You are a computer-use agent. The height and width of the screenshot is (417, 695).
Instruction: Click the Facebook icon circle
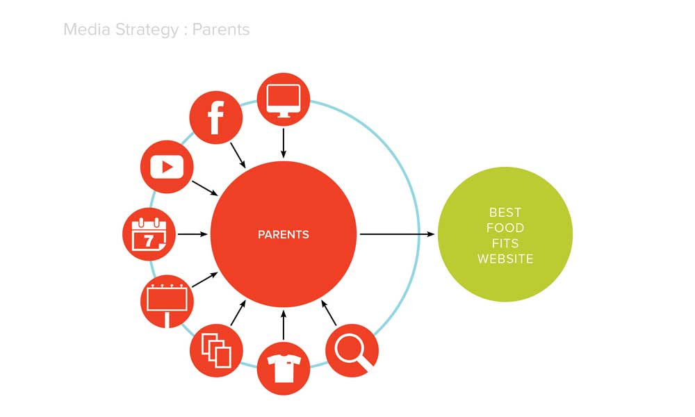click(216, 117)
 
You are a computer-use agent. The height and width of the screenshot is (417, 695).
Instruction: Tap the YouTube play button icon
click(167, 167)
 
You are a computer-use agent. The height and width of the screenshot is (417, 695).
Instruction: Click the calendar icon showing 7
click(149, 234)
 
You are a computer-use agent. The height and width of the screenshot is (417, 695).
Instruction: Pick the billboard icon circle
click(167, 302)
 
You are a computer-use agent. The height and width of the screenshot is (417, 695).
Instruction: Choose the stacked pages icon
click(216, 350)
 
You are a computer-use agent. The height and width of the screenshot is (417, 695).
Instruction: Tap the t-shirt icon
click(284, 368)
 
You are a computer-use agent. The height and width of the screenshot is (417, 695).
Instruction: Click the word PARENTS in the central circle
click(284, 234)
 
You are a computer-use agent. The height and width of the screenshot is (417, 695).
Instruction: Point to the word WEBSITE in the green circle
click(505, 259)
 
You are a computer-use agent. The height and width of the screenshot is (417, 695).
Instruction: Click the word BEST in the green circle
click(505, 212)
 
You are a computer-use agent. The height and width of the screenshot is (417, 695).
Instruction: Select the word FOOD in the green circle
click(505, 228)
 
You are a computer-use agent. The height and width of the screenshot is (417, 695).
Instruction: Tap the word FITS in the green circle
click(505, 243)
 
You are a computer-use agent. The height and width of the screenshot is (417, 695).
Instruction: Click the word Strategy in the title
click(147, 30)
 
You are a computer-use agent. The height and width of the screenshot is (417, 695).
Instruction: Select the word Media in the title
click(87, 29)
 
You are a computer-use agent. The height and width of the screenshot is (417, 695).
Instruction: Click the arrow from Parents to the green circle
click(397, 234)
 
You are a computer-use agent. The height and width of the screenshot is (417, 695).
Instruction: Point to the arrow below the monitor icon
click(284, 143)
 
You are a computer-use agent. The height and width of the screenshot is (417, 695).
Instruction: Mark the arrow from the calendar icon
click(193, 234)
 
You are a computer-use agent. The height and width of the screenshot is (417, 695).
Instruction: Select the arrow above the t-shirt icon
click(284, 325)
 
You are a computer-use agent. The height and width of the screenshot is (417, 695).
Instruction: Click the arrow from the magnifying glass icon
click(329, 313)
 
